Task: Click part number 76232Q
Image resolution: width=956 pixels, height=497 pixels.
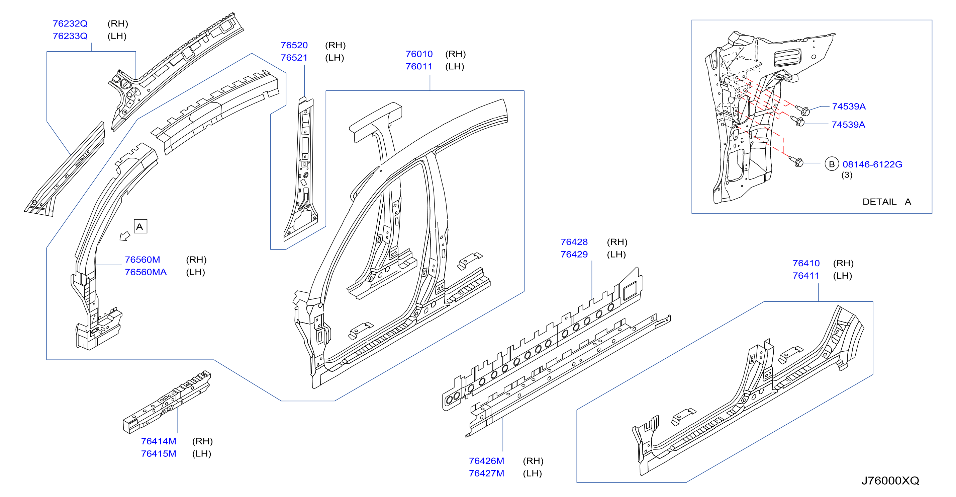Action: pos(70,23)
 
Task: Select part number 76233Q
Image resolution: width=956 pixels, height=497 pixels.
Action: pos(70,36)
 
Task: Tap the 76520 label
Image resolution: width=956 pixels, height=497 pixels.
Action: pos(294,45)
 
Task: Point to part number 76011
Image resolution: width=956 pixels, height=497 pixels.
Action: pos(419,67)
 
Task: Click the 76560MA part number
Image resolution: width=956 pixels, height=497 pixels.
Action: pos(146,272)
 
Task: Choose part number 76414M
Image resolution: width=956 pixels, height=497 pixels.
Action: pos(159,441)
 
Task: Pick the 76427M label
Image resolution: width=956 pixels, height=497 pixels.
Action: pos(487,473)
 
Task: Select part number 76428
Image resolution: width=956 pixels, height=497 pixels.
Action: pos(574,242)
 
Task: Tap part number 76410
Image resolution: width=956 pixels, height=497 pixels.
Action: pos(806,263)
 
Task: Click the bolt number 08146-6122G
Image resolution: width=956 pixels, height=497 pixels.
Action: pos(872,164)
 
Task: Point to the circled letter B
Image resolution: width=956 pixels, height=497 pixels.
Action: pos(832,164)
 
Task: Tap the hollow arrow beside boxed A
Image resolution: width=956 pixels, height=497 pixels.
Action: pos(125,236)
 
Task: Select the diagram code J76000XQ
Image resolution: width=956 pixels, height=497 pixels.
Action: pos(890,480)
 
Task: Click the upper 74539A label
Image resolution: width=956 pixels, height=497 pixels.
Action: pos(849,106)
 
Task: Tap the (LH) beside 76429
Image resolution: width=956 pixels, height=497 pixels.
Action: pos(616,255)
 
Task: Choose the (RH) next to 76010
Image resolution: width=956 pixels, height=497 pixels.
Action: pos(455,54)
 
